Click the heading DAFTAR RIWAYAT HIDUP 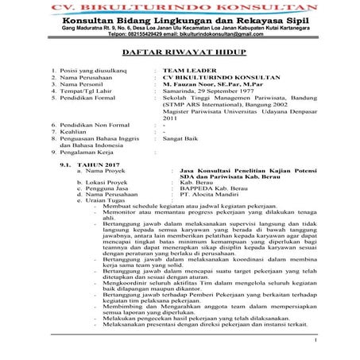180,54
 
